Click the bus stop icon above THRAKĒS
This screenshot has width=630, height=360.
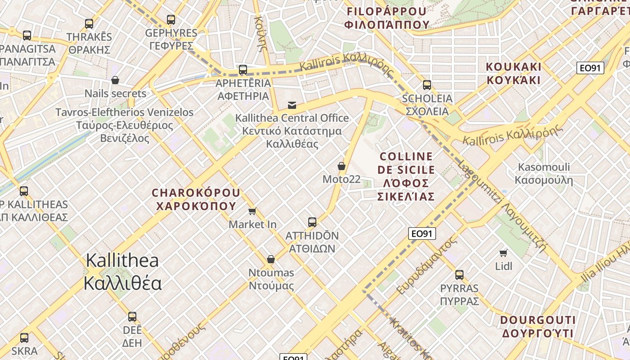tap(89, 23)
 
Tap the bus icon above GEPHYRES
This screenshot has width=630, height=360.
tap(171, 19)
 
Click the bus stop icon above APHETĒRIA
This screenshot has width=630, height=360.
tap(243, 69)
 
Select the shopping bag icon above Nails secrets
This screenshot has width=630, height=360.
tap(115, 80)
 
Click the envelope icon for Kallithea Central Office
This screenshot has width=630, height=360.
tap(292, 105)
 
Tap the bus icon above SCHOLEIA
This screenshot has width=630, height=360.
tap(427, 85)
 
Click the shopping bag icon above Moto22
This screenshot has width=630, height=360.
tap(342, 166)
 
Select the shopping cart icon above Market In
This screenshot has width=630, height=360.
tap(252, 211)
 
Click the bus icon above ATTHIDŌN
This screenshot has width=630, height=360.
tap(312, 222)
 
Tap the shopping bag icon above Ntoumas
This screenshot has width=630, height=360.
tap(271, 259)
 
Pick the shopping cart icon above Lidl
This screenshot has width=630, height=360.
tap(504, 253)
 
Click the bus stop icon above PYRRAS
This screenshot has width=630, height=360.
tap(459, 274)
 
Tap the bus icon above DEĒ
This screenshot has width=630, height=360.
tap(132, 316)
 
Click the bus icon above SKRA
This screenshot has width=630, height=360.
tap(24, 337)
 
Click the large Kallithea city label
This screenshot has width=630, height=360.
tap(122, 272)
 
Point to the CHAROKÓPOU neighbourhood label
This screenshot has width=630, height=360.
tap(196, 199)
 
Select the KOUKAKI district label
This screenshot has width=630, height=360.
tap(513, 73)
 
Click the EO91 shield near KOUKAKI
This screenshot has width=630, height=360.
tap(590, 68)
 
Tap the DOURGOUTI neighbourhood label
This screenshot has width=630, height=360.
tap(538, 327)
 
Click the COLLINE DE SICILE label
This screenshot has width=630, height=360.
tap(406, 176)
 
